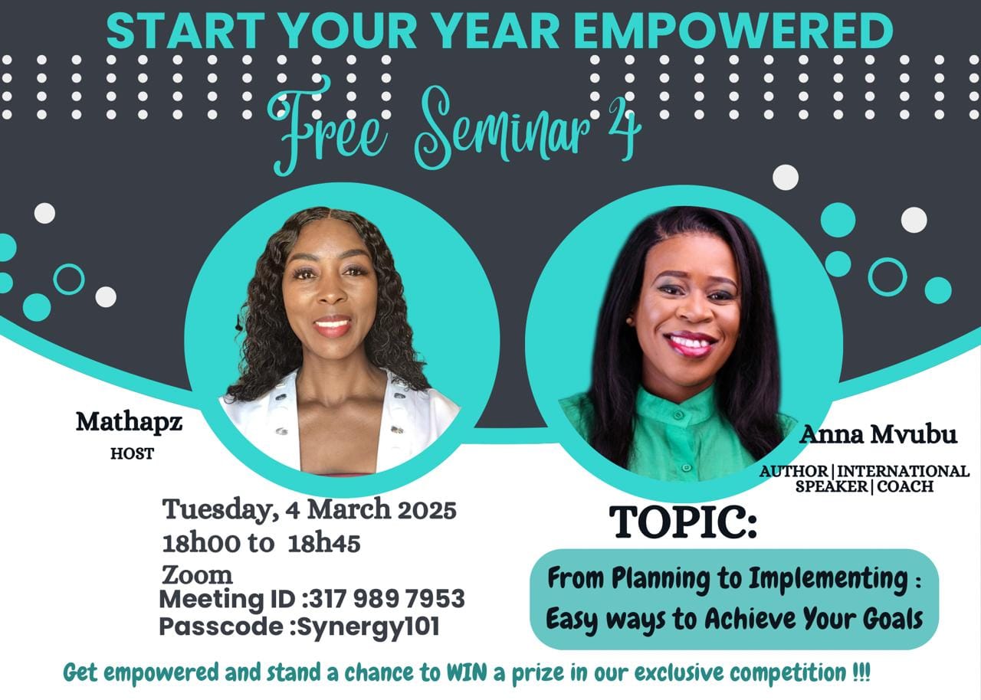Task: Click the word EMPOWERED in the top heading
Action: click(733, 31)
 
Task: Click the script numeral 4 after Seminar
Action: click(625, 128)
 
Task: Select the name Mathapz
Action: click(130, 423)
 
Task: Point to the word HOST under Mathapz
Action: click(133, 453)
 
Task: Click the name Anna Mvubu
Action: click(878, 434)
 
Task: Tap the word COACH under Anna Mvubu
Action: click(905, 486)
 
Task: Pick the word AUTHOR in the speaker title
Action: click(793, 471)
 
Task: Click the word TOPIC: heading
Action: click(683, 522)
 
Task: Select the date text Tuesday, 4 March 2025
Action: click(309, 510)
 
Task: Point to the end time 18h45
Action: click(324, 543)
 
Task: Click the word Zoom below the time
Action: click(198, 575)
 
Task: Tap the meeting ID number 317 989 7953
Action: click(387, 598)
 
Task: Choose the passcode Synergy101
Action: click(369, 626)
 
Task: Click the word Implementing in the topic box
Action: click(828, 579)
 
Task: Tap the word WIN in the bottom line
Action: click(467, 672)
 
